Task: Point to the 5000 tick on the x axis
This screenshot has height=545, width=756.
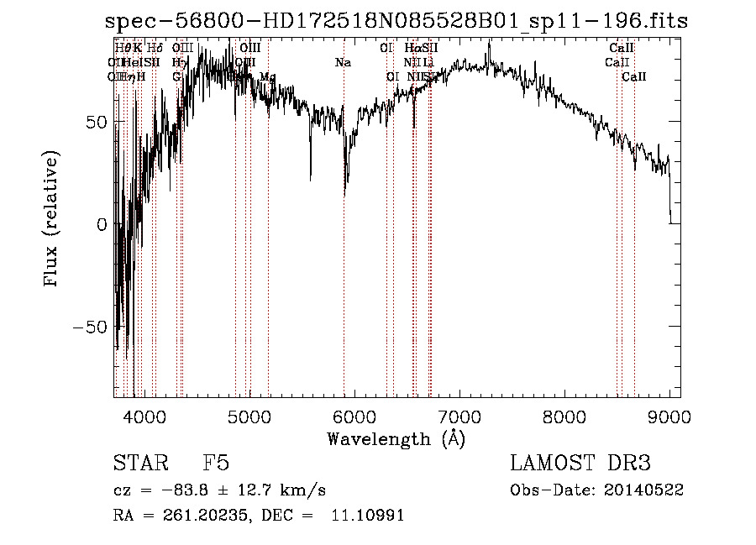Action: tap(249, 416)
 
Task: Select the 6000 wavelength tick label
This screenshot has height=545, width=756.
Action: tap(354, 416)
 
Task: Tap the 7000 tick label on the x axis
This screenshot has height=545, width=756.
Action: tap(459, 416)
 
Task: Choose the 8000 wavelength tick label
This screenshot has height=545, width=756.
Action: tap(564, 416)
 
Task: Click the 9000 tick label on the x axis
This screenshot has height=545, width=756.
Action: tap(669, 416)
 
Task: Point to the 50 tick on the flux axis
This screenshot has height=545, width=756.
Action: tap(98, 123)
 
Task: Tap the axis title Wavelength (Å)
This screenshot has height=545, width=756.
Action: tap(396, 438)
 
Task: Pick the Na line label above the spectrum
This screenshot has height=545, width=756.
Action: tap(343, 63)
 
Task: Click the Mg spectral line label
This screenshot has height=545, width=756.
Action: tap(267, 77)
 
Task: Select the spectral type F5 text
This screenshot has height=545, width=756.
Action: tap(216, 464)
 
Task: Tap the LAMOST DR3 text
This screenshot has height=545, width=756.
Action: tap(580, 464)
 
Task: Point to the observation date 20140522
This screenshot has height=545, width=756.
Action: tap(642, 490)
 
